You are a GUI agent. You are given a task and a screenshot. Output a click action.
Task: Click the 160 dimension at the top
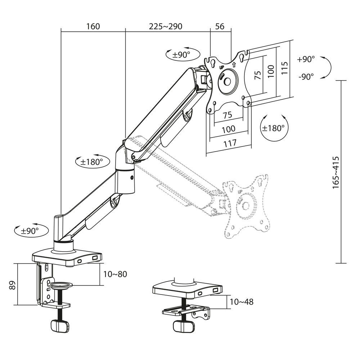[93, 26]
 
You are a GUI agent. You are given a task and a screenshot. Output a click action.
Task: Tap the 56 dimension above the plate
[220, 26]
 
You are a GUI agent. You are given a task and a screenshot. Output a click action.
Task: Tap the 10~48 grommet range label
[241, 302]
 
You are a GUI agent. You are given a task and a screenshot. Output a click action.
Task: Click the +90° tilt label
[306, 60]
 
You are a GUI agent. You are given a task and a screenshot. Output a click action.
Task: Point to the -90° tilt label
[306, 76]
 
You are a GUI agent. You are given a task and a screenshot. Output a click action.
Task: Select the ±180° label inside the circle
[274, 128]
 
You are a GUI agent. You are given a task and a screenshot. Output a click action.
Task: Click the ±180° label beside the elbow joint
[91, 162]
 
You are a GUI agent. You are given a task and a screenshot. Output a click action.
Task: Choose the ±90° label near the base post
[27, 231]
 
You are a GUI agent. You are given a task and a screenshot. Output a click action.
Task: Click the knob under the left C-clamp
[59, 327]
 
